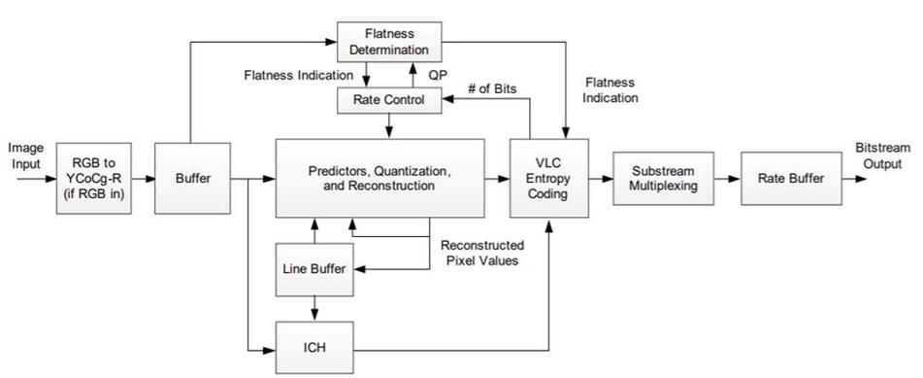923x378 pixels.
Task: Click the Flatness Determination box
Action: pyautogui.click(x=389, y=41)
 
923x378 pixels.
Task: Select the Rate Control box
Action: pyautogui.click(x=388, y=100)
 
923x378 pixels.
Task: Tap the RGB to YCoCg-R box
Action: pyautogui.click(x=93, y=178)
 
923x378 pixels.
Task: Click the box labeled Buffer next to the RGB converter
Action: pyautogui.click(x=192, y=178)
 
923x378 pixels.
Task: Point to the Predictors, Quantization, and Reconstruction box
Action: pyautogui.click(x=379, y=178)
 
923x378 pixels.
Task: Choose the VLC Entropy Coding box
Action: pyautogui.click(x=548, y=178)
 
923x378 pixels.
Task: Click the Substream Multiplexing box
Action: pyautogui.click(x=664, y=178)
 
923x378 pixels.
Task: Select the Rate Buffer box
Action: pyautogui.click(x=791, y=178)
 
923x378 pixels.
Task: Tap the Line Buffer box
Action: pyautogui.click(x=314, y=269)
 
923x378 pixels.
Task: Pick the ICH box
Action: pyautogui.click(x=314, y=347)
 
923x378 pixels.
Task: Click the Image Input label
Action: pyautogui.click(x=26, y=155)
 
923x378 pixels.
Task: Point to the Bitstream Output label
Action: pyautogui.click(x=883, y=155)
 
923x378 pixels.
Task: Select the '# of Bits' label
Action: pyautogui.click(x=492, y=89)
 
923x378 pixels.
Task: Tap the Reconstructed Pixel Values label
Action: pyautogui.click(x=482, y=253)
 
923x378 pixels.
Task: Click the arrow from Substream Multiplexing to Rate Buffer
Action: pyautogui.click(x=728, y=179)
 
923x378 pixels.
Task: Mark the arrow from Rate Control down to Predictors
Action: pyautogui.click(x=388, y=126)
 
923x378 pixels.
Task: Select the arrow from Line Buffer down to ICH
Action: pyautogui.click(x=314, y=308)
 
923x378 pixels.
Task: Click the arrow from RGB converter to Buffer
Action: pyautogui.click(x=143, y=179)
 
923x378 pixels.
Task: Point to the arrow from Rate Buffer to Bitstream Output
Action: pyautogui.click(x=854, y=179)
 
